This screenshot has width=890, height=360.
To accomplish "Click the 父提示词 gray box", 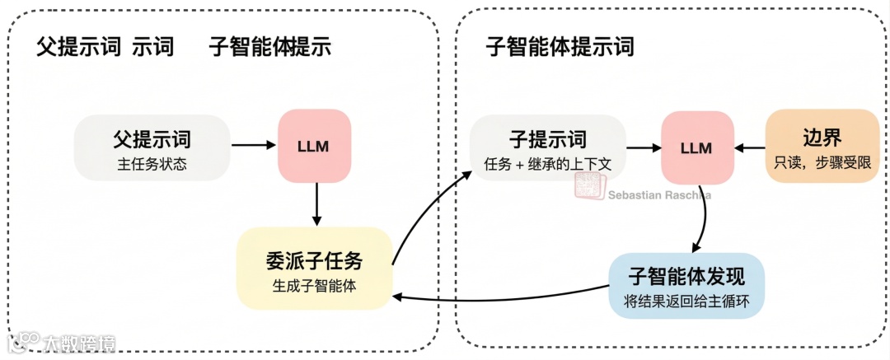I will click(152, 147).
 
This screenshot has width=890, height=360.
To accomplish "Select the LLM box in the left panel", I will click(314, 146).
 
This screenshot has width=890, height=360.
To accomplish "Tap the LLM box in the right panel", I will click(696, 147).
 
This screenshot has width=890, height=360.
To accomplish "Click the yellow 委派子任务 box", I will click(313, 269).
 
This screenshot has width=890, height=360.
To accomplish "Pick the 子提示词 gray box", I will click(547, 147).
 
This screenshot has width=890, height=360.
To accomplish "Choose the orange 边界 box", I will click(822, 147).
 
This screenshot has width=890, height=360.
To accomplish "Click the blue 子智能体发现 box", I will click(686, 284).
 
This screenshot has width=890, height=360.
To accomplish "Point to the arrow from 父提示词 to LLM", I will click(253, 146).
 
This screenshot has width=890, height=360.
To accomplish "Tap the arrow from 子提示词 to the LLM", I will click(643, 147).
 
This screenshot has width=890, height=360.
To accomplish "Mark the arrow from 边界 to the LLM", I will click(749, 147).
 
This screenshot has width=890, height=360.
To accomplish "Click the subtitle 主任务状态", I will click(152, 164).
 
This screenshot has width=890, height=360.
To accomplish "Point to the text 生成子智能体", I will click(314, 286).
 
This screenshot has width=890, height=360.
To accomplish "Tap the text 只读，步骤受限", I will click(822, 163).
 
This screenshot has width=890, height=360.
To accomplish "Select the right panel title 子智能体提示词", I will click(560, 46).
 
